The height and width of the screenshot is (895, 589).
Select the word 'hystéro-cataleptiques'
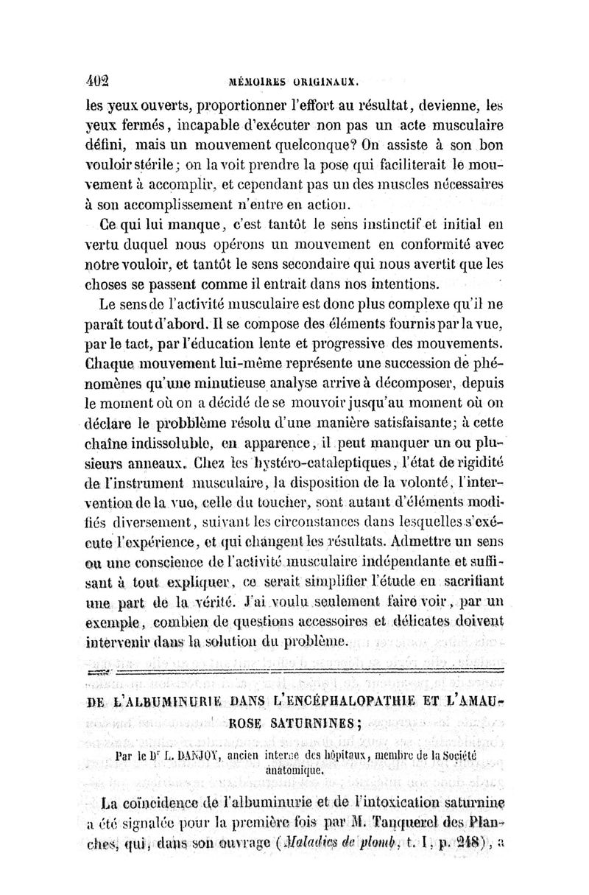tap(349, 465)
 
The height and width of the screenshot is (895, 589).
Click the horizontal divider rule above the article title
tap(294, 670)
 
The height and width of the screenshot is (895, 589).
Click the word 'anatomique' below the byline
tap(293, 768)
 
